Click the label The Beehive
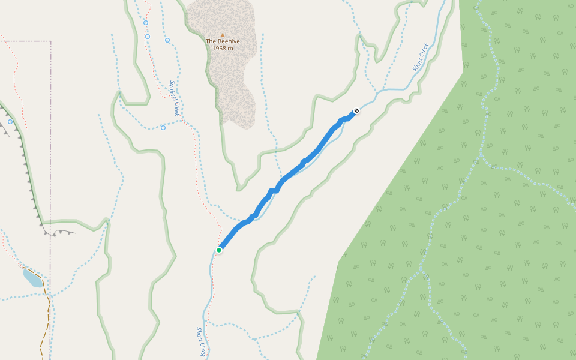[223, 41]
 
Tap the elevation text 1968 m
[223, 48]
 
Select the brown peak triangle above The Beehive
[223, 35]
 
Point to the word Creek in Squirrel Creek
[177, 109]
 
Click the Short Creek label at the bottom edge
[202, 341]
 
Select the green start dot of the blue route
[220, 250]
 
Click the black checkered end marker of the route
[356, 110]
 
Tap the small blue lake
[32, 279]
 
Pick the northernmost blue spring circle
[146, 23]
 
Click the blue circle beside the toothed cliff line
[10, 122]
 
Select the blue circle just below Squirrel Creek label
[163, 127]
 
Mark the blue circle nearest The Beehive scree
[167, 40]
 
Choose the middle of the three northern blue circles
[148, 36]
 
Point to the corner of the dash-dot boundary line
[50, 41]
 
